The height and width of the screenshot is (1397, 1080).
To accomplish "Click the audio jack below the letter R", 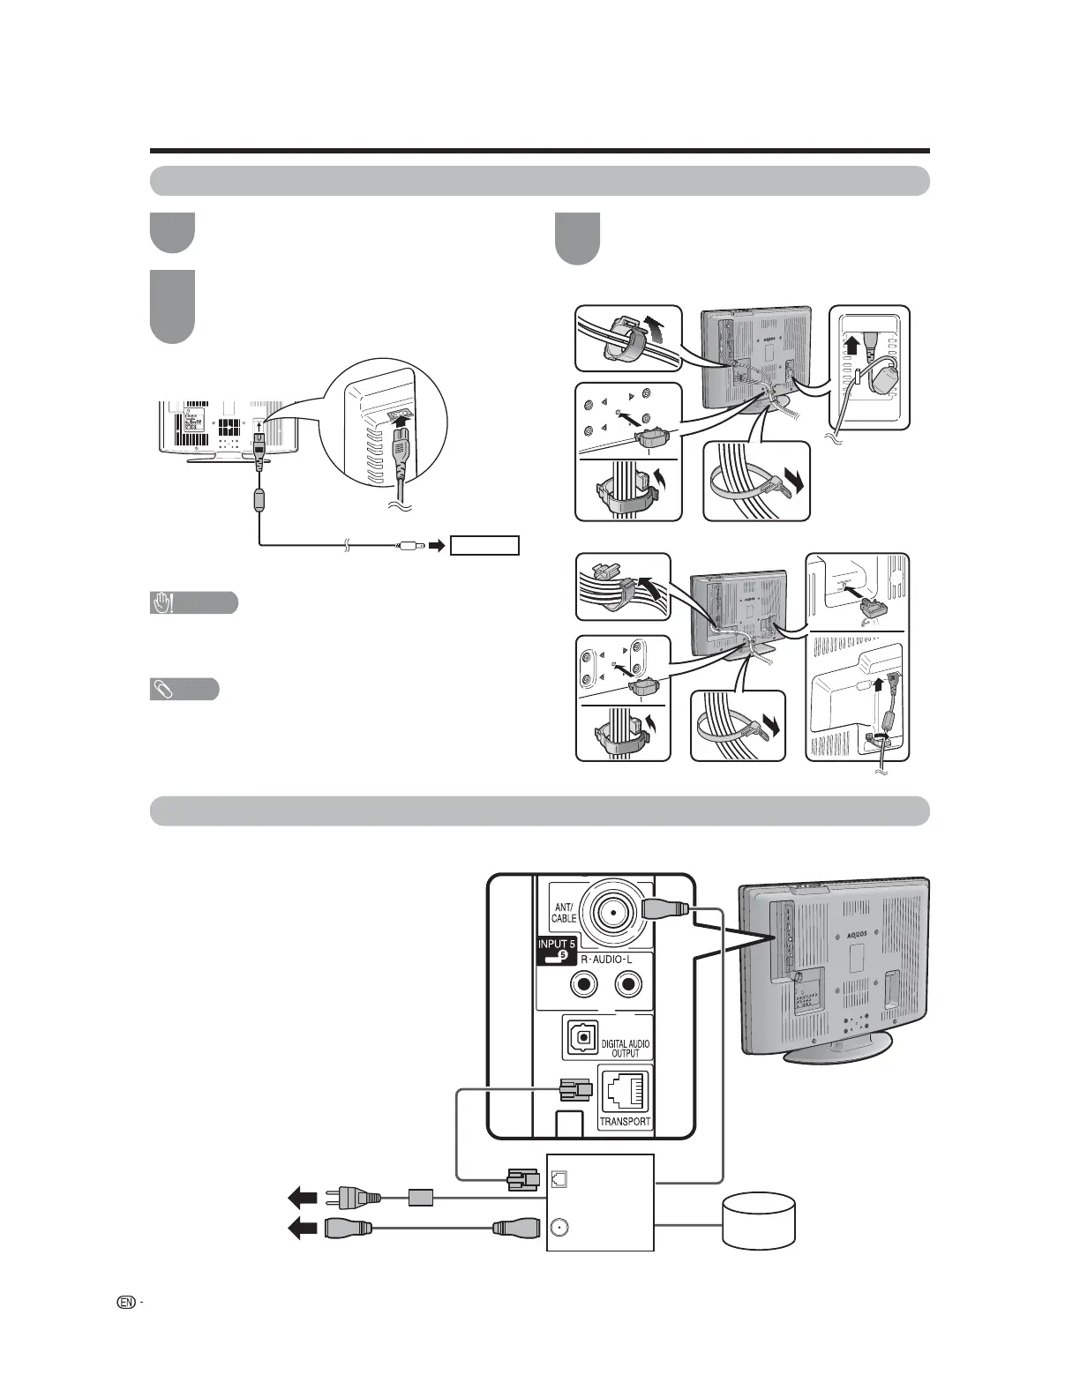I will (x=583, y=983).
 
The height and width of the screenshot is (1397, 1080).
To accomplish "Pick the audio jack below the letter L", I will (x=628, y=983).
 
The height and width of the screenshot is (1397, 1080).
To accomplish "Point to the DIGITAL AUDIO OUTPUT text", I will (x=625, y=1048).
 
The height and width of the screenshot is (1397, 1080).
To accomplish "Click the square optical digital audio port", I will (x=582, y=1037).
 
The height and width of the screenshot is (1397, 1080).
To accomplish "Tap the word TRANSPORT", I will (x=625, y=1122).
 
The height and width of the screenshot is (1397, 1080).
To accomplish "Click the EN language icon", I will (x=126, y=1302).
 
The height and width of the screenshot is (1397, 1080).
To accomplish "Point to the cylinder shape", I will (x=759, y=1220).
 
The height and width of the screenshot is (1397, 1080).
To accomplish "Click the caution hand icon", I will (x=162, y=603).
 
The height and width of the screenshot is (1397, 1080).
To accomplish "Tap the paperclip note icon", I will (x=162, y=690).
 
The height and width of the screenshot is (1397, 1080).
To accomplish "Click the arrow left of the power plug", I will (x=303, y=1198).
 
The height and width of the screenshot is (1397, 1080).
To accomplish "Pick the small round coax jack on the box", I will (x=559, y=1227).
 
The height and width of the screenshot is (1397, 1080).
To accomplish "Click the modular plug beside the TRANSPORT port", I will (x=574, y=1090).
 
